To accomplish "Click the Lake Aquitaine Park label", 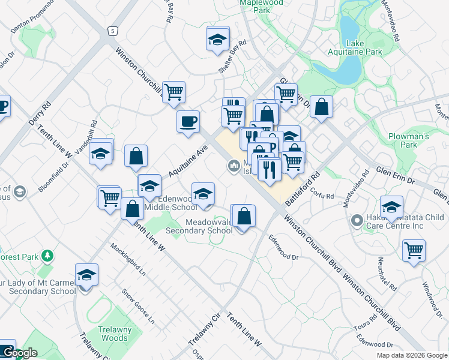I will point(364,48).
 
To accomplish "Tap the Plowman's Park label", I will point(408,140).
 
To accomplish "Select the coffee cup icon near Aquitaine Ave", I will point(188,121).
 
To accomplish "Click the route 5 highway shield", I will point(111,31).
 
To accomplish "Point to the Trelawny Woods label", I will point(113,334).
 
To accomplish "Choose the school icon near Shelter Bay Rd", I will point(218,39).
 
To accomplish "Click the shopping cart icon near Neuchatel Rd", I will point(414,250).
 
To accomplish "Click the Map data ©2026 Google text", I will point(412,355).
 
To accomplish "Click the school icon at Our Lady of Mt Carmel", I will point(86,275).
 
